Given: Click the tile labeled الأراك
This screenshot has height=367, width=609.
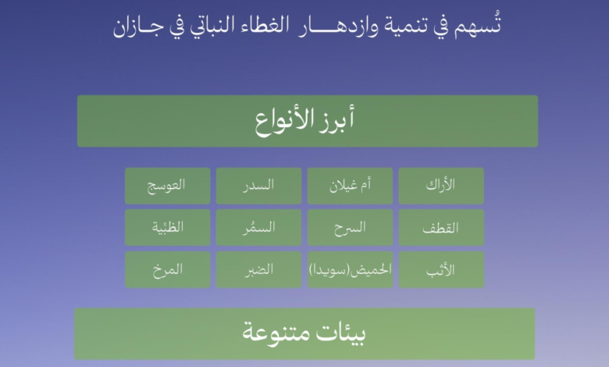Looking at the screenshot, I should point(441,186).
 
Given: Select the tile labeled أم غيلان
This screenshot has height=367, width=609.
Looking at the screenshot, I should point(350,186).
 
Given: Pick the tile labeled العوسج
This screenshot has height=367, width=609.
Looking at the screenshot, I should point(167,186).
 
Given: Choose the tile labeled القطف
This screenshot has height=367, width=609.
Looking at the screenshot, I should point(441,228).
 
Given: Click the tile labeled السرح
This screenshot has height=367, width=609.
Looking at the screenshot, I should point(350,228).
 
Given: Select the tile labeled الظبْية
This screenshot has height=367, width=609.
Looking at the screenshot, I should point(167,228).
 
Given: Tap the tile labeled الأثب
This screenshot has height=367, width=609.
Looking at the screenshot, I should point(441,270).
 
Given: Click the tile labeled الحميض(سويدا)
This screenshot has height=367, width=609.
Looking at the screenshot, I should point(350,270).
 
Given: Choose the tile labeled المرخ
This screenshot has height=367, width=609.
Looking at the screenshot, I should point(167,270).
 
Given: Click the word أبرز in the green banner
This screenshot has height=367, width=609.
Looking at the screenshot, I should point(337,122).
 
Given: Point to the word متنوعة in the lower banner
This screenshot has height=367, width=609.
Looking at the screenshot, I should point(273,333).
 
